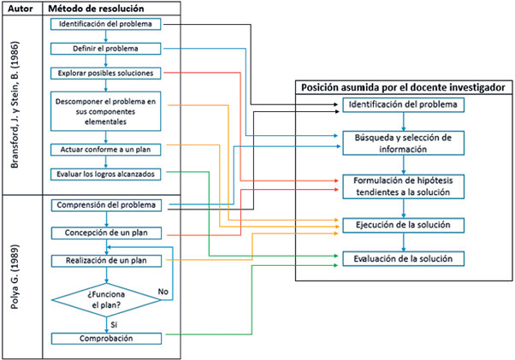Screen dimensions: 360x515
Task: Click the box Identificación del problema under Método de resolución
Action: click(x=105, y=23)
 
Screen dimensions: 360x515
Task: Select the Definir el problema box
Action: click(x=105, y=50)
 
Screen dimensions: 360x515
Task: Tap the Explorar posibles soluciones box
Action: click(x=105, y=74)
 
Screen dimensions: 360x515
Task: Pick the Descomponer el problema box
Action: click(x=105, y=111)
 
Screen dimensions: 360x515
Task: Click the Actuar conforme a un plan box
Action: click(x=105, y=150)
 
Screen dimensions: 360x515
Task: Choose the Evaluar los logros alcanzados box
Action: click(x=105, y=174)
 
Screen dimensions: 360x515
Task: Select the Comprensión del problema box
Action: click(x=105, y=205)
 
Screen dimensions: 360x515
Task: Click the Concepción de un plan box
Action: click(x=105, y=233)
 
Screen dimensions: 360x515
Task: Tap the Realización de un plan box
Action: click(x=105, y=260)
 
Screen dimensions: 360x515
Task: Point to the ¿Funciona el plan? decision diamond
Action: click(x=105, y=298)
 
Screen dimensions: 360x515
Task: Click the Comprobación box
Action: click(x=105, y=339)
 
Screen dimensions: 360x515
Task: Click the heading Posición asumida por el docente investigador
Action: click(x=401, y=87)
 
